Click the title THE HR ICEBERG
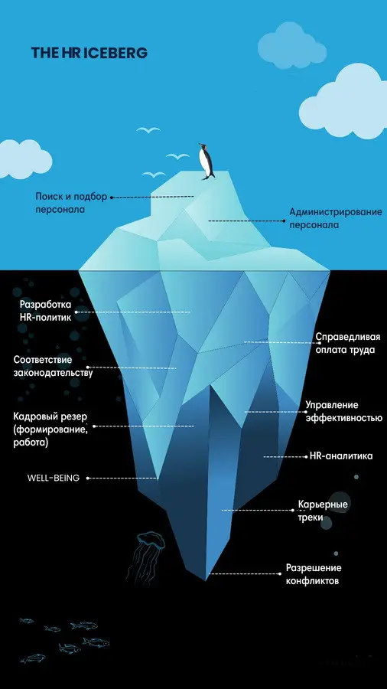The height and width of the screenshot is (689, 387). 89,53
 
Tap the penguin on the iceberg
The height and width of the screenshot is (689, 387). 206,162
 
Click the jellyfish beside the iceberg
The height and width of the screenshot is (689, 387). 147,555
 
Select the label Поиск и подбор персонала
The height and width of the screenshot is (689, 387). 71,203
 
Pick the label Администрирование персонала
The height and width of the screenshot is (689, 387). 336,218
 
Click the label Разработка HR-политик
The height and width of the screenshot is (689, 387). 46,311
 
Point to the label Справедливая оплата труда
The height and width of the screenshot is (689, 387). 348,344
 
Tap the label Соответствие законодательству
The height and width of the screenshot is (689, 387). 53,367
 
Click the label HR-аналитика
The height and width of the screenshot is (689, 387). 341,456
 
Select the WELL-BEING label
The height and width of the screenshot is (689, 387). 53,478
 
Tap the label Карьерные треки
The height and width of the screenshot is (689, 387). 323,511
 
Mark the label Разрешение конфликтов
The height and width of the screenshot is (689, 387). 314,574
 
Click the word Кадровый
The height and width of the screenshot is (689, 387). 35,416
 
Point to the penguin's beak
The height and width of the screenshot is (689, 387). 200,145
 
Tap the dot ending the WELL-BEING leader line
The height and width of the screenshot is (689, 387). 88,478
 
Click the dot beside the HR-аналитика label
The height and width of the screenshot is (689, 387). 306,457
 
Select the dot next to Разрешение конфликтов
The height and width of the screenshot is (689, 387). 280,573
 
